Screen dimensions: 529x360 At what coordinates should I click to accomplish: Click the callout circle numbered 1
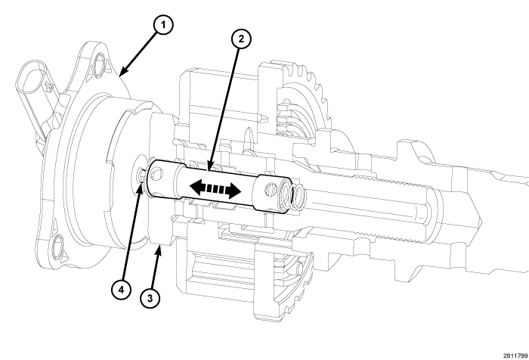(161, 26)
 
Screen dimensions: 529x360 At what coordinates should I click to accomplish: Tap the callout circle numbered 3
(151, 297)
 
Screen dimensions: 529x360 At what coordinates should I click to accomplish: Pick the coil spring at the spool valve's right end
(296, 197)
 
